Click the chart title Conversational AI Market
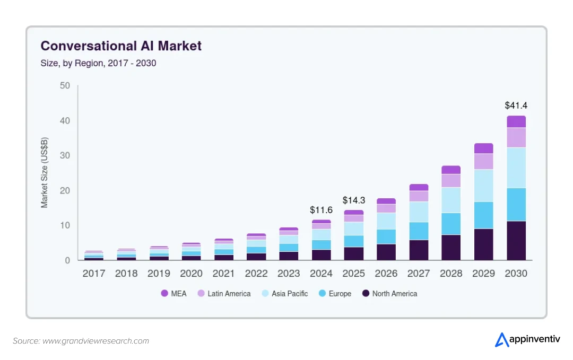click(121, 46)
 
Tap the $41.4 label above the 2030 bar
click(516, 106)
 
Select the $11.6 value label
click(321, 210)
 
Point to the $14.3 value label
click(353, 200)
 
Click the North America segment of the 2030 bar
click(516, 241)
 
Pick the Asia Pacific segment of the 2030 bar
click(516, 168)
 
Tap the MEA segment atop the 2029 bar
click(483, 148)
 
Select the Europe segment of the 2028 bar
click(451, 224)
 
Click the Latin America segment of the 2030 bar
click(516, 138)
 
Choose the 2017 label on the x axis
click(93, 274)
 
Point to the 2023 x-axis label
click(289, 274)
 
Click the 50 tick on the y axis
click(65, 85)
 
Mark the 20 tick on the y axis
click(65, 190)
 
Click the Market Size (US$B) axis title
click(45, 172)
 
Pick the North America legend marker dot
click(365, 293)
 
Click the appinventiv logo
click(527, 339)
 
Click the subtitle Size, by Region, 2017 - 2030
click(98, 63)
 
